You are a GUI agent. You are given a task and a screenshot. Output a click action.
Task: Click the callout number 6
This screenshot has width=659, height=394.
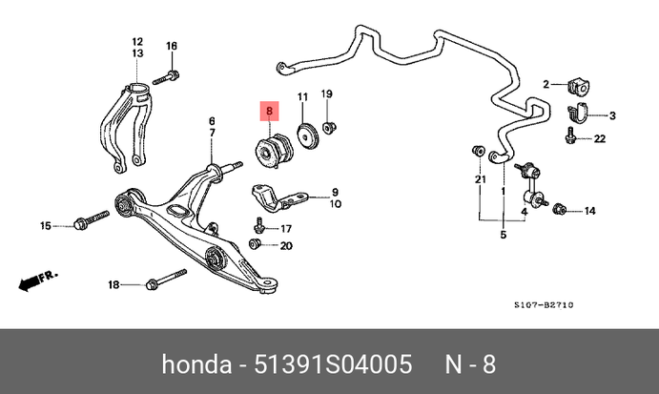point(213,121)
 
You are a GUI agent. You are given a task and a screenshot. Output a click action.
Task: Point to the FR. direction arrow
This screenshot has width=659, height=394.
point(37,280)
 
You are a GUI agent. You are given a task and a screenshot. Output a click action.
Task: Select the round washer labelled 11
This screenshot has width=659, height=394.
point(307,136)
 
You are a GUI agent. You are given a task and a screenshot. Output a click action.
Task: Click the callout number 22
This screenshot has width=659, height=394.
point(600,139)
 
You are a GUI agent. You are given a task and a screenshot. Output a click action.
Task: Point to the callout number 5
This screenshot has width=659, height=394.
point(504,235)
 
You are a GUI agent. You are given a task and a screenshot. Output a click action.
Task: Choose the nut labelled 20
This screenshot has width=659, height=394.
point(255,245)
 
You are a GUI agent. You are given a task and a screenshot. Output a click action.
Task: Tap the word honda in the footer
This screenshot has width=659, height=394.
point(194,365)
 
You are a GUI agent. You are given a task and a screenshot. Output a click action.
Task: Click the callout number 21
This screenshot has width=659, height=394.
point(481,179)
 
